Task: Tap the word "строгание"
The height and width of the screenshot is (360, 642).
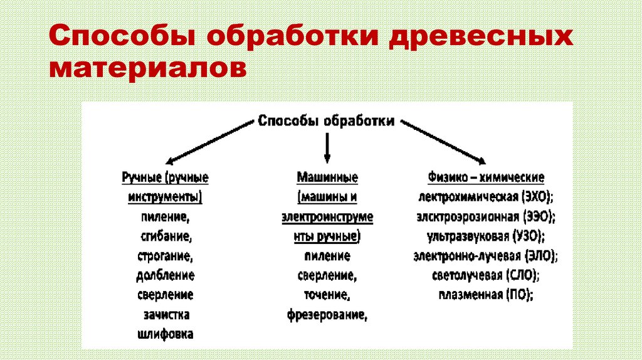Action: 165,256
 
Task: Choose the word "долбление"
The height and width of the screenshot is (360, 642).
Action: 165,275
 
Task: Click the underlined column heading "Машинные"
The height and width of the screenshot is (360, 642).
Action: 327,178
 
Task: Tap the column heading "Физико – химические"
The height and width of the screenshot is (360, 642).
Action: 486,178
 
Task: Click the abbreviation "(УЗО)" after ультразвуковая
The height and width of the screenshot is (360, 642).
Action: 527,236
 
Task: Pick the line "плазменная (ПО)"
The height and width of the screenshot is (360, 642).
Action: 486,295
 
